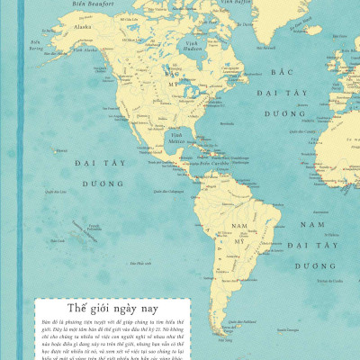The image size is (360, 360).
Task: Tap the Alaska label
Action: [x=83, y=26]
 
